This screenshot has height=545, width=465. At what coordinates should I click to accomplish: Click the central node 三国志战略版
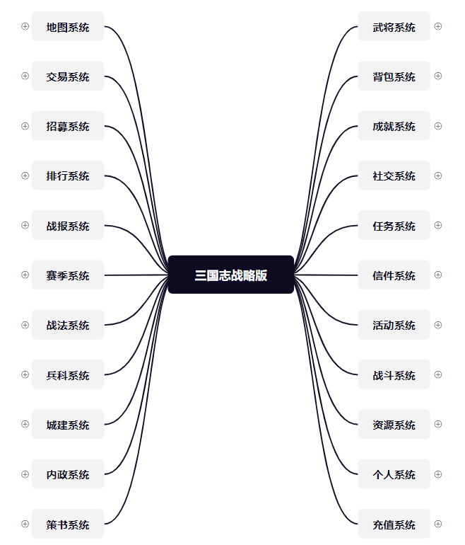(x=231, y=275)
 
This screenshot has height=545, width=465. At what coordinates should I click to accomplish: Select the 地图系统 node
(x=68, y=27)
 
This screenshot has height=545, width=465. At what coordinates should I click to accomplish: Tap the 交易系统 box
(x=68, y=76)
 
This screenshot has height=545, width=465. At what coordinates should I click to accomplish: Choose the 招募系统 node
(x=68, y=126)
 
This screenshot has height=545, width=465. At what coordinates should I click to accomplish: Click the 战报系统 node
(x=68, y=226)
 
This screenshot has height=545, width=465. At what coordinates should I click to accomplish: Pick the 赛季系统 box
(x=68, y=275)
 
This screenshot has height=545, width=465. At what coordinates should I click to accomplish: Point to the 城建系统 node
(x=68, y=425)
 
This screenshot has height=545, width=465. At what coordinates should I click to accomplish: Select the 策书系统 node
(x=68, y=524)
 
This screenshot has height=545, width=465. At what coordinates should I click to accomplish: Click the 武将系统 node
(x=394, y=27)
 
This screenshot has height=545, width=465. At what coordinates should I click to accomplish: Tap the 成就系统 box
(x=394, y=126)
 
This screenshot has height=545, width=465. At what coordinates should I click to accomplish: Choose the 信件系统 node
(x=394, y=275)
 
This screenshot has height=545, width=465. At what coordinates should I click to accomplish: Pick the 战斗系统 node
(x=394, y=375)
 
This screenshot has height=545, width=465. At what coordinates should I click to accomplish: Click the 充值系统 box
(x=394, y=524)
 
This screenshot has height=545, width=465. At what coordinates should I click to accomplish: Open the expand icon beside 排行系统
(x=25, y=176)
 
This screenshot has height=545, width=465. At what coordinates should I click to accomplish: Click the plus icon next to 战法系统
(x=25, y=325)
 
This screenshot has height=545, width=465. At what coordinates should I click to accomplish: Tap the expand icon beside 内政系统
(x=25, y=474)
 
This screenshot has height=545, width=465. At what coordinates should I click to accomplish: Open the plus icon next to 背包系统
(x=438, y=76)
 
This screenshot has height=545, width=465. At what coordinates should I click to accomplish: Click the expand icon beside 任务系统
(x=438, y=225)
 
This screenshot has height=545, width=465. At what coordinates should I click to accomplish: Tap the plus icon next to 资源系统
(x=438, y=424)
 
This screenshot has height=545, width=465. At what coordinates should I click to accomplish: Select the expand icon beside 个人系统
(x=438, y=474)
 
